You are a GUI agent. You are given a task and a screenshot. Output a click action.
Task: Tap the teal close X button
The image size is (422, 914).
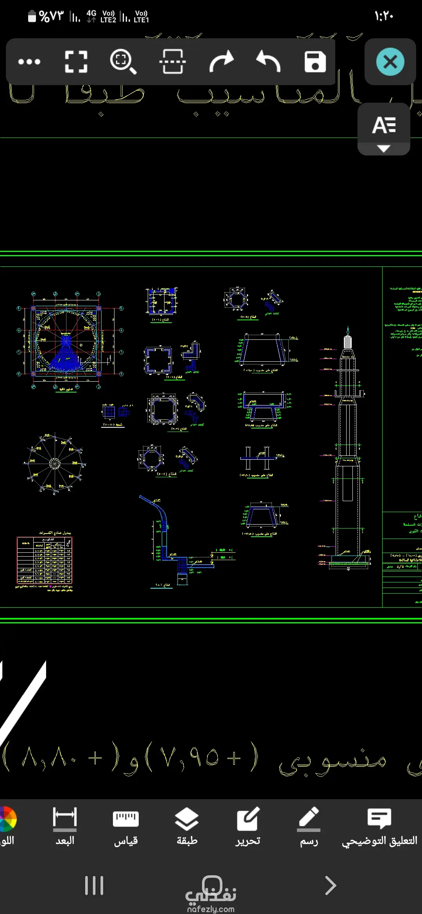point(390,62)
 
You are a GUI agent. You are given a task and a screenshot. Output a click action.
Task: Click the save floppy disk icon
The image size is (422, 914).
point(315,62)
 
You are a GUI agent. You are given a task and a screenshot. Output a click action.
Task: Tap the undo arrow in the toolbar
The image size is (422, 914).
point(268,62)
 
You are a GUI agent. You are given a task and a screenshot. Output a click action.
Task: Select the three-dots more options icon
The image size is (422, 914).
point(29,62)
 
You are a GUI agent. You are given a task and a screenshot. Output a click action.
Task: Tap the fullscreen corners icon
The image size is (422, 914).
point(76,62)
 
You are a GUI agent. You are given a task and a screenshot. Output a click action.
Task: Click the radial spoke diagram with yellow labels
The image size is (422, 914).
point(55,463)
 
